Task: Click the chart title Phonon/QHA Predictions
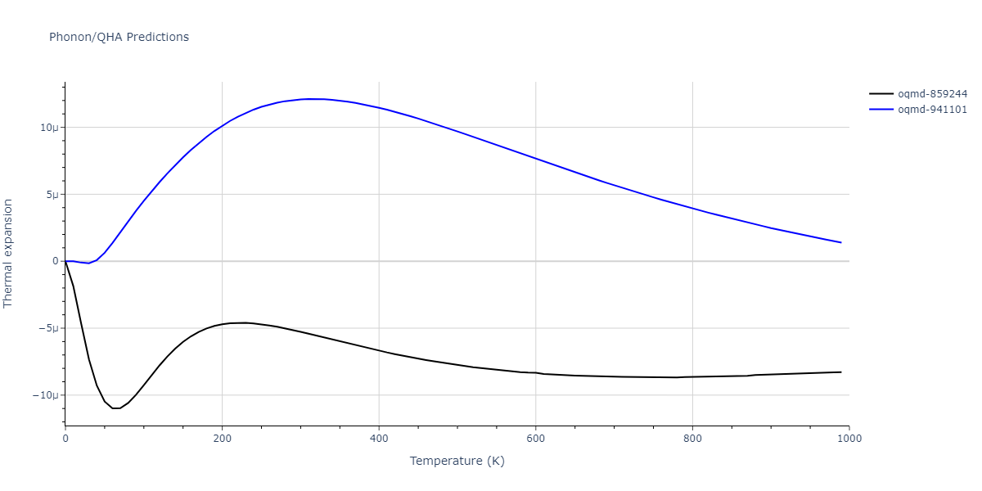pyautogui.click(x=119, y=37)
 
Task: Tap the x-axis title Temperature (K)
pyautogui.click(x=457, y=461)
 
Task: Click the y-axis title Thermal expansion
pyautogui.click(x=9, y=253)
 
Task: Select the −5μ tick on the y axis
pyautogui.click(x=47, y=328)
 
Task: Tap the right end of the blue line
pyautogui.click(x=840, y=242)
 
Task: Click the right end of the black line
pyautogui.click(x=840, y=372)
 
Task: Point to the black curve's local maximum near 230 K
pyautogui.click(x=245, y=322)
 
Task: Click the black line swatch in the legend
pyautogui.click(x=881, y=94)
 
